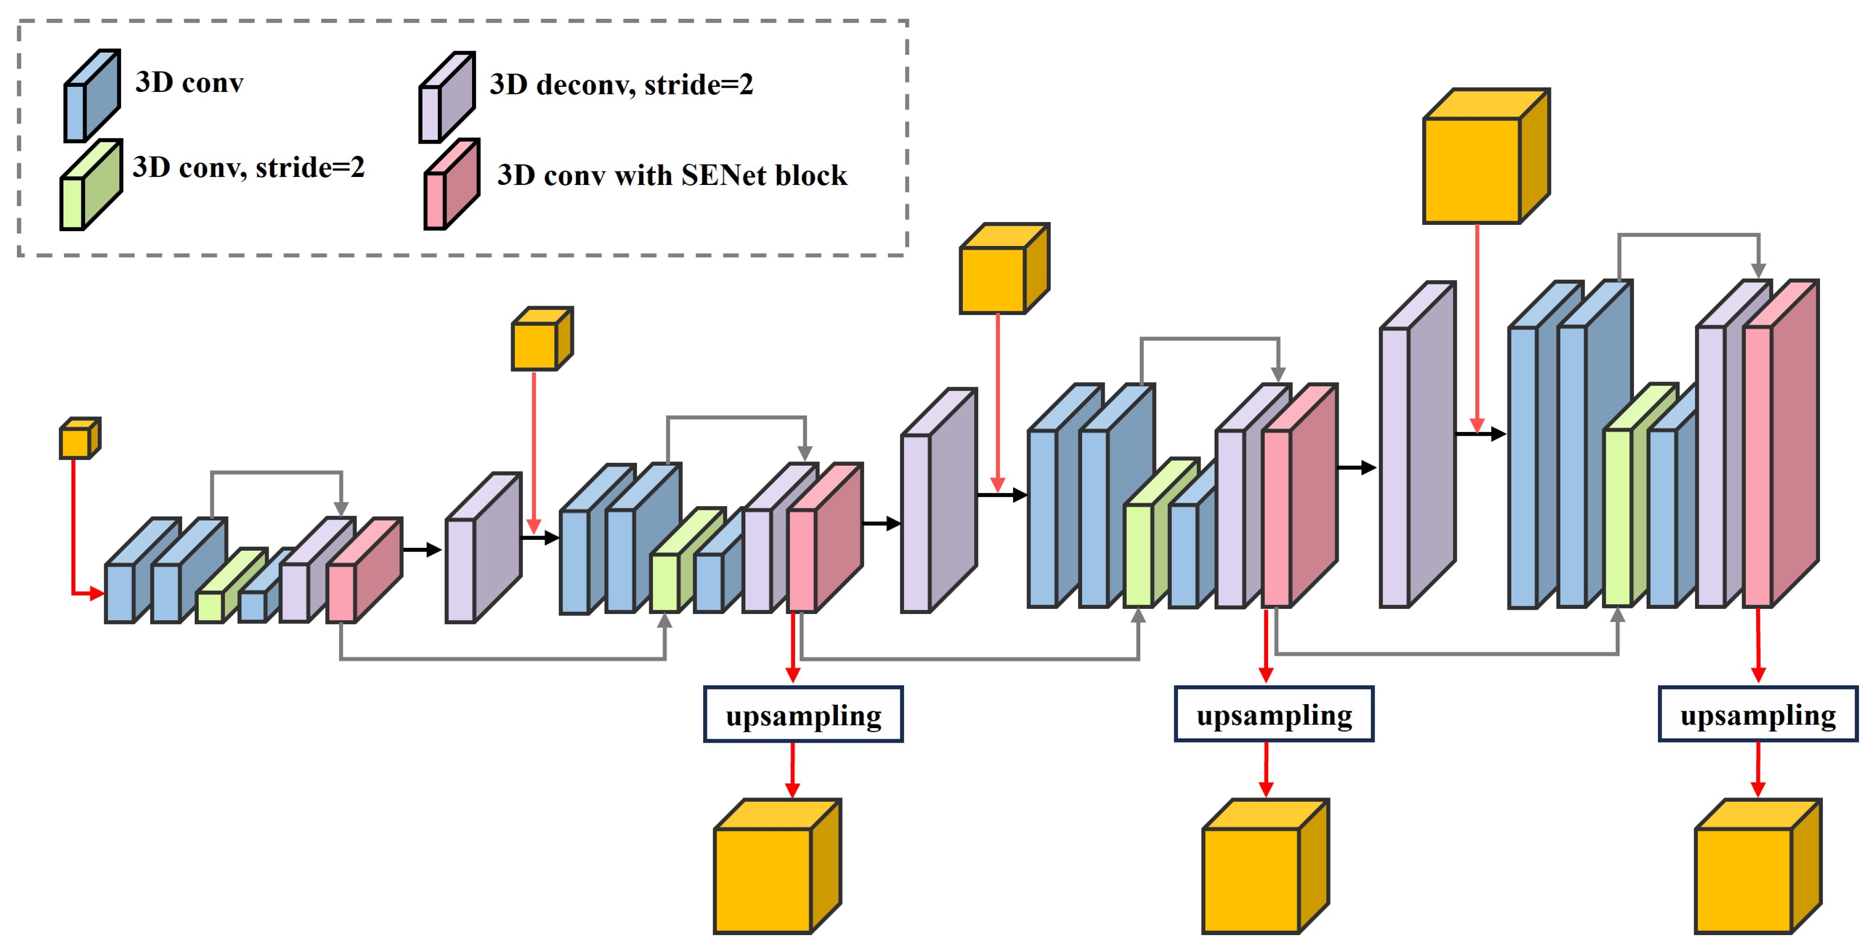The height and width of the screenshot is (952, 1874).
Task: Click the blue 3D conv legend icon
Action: (x=91, y=96)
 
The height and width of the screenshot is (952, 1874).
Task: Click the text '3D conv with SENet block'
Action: (x=672, y=175)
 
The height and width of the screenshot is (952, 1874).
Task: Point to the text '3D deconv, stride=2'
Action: (x=621, y=85)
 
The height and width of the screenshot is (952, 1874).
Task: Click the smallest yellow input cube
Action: (x=78, y=438)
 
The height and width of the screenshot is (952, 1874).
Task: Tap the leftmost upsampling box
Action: (x=803, y=715)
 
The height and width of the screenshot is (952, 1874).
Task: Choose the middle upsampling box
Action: (x=1274, y=715)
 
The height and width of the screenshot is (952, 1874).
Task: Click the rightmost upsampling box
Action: (x=1758, y=715)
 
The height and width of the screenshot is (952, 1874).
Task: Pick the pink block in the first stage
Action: (x=362, y=572)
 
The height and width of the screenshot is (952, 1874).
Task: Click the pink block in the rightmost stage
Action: (x=1778, y=444)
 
